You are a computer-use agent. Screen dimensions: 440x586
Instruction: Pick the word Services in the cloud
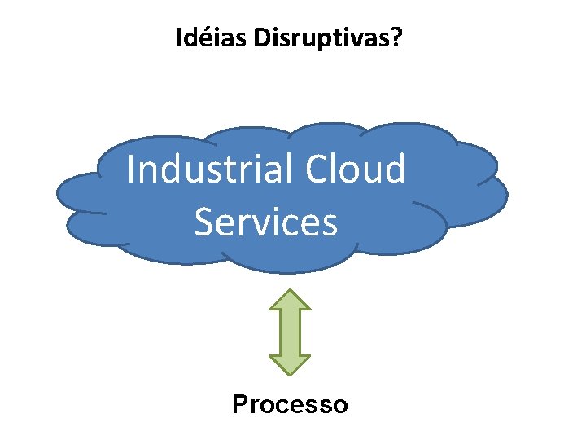click(x=265, y=222)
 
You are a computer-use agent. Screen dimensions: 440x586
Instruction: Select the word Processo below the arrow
click(x=290, y=404)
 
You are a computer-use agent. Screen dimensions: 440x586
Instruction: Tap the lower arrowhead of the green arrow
click(x=290, y=363)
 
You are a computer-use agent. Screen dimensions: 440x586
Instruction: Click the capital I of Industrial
click(x=133, y=169)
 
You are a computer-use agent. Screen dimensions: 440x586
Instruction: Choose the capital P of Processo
click(x=240, y=404)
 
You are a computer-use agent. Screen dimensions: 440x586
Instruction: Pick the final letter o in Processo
click(x=340, y=405)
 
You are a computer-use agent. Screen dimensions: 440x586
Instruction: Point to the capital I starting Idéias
click(x=179, y=37)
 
